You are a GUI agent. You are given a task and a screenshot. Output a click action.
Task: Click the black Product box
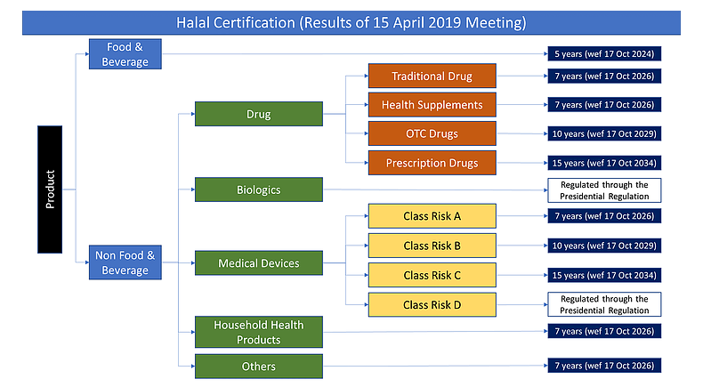click(50, 189)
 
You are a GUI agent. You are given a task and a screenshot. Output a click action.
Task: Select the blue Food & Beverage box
click(125, 54)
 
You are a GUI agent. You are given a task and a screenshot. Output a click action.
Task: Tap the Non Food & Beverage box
click(125, 262)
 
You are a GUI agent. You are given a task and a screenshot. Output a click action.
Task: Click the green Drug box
click(259, 114)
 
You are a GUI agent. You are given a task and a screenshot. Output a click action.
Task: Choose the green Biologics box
click(259, 189)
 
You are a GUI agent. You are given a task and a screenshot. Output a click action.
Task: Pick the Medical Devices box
click(259, 262)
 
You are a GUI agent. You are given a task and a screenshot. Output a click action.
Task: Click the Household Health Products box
click(259, 332)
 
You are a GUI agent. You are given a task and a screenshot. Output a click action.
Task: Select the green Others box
click(259, 367)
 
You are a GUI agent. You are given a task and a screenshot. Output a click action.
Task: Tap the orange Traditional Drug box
click(432, 76)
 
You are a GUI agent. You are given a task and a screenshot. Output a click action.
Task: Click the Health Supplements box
click(432, 104)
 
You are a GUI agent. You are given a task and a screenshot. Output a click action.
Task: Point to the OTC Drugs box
click(432, 133)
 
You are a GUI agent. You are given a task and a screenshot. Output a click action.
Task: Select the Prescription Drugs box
click(432, 163)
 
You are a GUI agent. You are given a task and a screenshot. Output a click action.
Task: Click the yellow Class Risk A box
click(432, 216)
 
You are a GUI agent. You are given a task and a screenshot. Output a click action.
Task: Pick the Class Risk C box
click(432, 275)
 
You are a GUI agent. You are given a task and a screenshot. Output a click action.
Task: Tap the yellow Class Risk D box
click(432, 304)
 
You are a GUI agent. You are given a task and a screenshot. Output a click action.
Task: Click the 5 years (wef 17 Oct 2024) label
click(604, 53)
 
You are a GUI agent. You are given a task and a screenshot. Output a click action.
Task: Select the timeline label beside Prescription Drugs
click(604, 163)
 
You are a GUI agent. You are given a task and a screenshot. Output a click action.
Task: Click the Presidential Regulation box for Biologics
click(604, 190)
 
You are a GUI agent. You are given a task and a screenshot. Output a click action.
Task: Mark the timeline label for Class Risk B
click(604, 246)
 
